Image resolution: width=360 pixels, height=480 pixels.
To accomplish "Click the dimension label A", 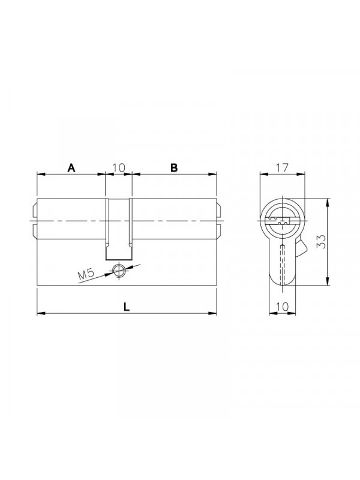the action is [71, 168].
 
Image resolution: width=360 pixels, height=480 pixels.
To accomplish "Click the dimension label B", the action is [174, 168].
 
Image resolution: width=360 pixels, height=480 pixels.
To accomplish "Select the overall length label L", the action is [127, 307].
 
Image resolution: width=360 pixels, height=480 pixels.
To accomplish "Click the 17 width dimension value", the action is [282, 167].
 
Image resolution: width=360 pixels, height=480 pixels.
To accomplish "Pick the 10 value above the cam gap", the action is [118, 168].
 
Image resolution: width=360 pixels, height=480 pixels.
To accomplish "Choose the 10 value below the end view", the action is [282, 307].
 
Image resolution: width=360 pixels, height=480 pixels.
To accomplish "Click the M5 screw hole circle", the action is [118, 270].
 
